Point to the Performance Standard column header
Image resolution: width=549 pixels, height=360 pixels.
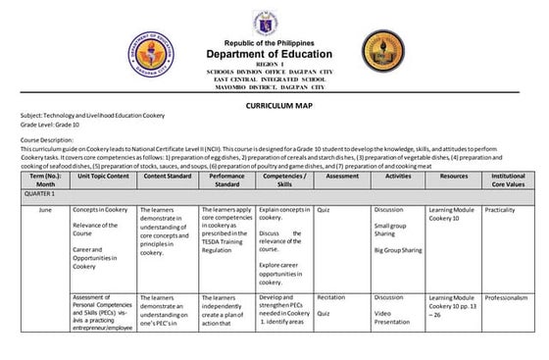227,180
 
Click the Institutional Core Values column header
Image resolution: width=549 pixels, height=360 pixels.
509,180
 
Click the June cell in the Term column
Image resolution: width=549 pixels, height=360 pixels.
45,210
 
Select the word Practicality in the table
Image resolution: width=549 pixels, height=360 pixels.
500,210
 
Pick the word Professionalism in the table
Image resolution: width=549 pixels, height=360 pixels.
506,297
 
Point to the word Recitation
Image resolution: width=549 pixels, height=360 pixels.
331,297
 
